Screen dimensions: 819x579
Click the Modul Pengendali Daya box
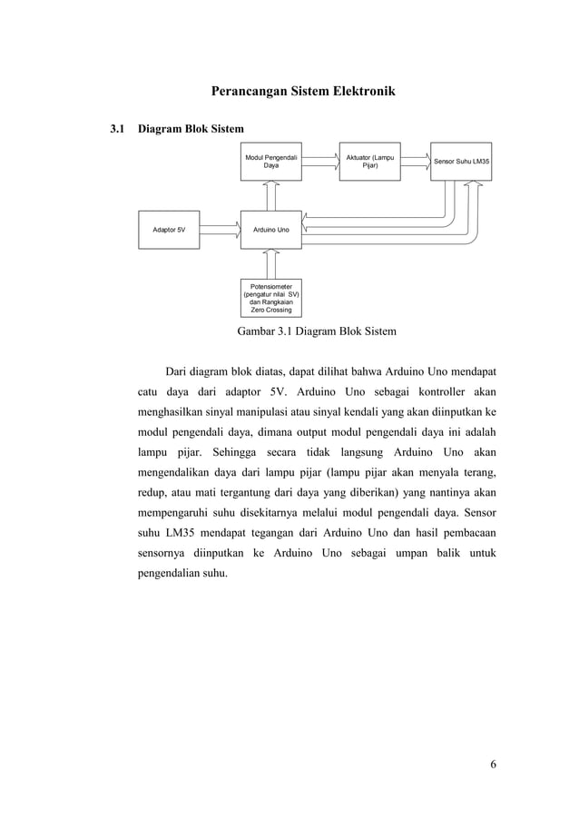coord(271,162)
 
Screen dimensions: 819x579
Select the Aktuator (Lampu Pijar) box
coord(369,162)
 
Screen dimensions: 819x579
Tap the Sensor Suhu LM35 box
coord(461,162)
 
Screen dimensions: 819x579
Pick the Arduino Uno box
coord(271,230)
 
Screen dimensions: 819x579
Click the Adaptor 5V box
coord(169,230)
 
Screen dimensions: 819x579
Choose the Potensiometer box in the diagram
coord(271,298)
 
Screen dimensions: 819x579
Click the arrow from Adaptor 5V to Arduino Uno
coord(220,230)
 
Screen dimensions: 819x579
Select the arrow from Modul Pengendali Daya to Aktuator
coord(320,162)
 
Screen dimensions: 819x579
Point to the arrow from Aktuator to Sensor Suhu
coord(415,162)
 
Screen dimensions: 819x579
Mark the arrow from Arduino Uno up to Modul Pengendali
coord(271,195)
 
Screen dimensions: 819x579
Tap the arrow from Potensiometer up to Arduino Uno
coord(271,263)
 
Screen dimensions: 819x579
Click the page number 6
coord(493,763)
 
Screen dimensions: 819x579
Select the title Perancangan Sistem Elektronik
coord(303,92)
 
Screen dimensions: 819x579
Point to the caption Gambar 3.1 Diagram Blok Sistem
coord(317,331)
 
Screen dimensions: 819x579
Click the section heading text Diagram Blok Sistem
coord(190,130)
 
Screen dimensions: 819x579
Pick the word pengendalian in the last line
coord(177,573)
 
